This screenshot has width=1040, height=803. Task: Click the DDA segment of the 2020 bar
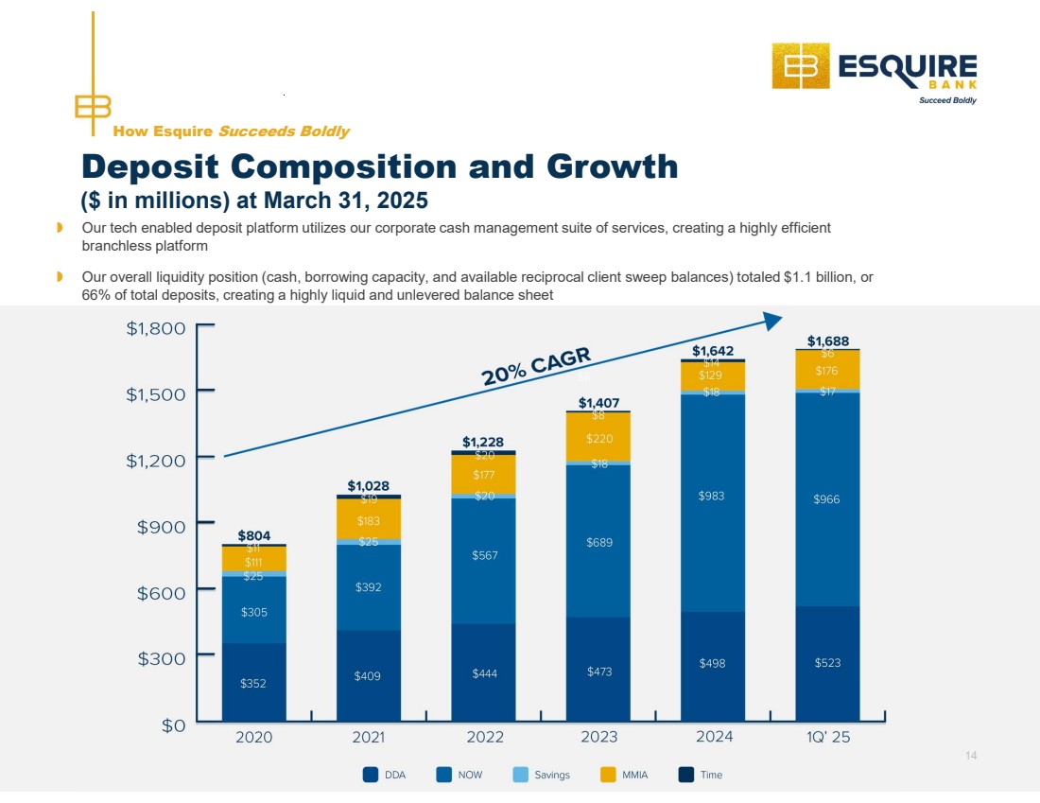click(x=253, y=682)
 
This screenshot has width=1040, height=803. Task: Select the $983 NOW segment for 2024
click(x=711, y=502)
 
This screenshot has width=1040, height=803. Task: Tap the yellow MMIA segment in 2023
click(x=598, y=438)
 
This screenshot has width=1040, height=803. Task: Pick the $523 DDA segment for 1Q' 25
click(x=826, y=663)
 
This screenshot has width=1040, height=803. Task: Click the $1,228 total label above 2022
click(x=483, y=442)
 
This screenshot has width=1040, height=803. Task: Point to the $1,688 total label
click(x=827, y=340)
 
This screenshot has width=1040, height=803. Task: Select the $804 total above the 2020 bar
click(x=253, y=535)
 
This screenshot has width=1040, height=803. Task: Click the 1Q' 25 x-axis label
click(x=826, y=738)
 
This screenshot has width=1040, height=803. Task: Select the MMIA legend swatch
click(x=609, y=775)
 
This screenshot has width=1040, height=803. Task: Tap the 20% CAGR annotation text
click(x=536, y=367)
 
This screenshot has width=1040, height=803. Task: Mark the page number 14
click(x=971, y=755)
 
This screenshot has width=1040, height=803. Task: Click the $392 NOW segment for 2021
click(x=368, y=587)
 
